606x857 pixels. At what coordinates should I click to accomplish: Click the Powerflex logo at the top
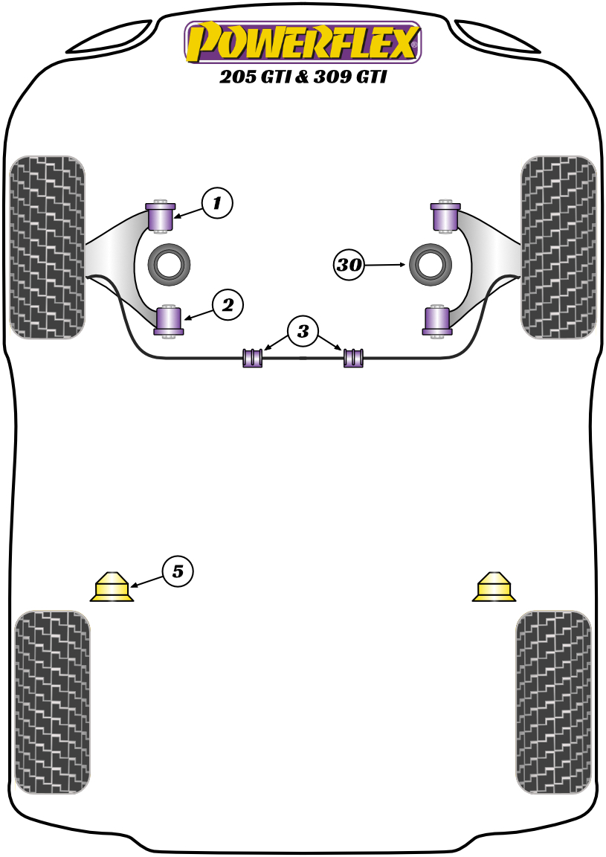pos(303,42)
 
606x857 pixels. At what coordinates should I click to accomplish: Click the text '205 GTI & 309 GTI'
pos(303,77)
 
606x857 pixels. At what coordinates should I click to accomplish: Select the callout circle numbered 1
pos(216,202)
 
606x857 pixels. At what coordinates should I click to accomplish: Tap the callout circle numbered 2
pos(228,304)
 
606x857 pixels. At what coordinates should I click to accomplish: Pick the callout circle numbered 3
pos(303,331)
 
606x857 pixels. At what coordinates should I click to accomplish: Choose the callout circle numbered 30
pos(349,264)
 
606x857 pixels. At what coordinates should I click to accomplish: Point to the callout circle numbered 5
pos(177,571)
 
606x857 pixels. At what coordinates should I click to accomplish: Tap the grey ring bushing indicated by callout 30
pos(431,263)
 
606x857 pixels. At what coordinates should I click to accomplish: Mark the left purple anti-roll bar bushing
pos(254,357)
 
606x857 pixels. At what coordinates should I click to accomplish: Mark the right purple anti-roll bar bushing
pos(353,357)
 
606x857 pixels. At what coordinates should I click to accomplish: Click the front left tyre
pos(48,247)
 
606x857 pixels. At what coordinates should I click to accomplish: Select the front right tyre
pos(559,247)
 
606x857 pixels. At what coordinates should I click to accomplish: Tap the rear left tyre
pos(52,702)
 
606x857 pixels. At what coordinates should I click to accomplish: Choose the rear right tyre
pos(553,702)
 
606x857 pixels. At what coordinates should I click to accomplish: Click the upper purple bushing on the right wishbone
pos(445,216)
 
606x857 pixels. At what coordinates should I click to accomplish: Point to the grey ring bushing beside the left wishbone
pos(170,263)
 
